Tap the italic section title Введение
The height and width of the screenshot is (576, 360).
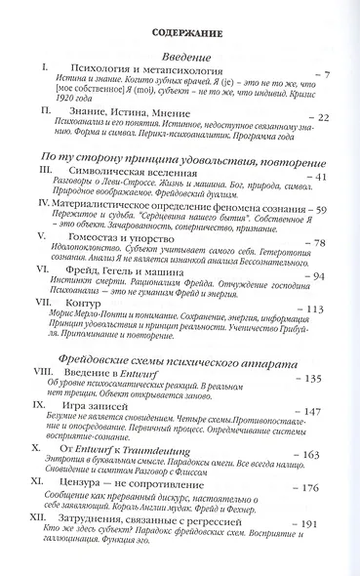coord(184,61)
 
